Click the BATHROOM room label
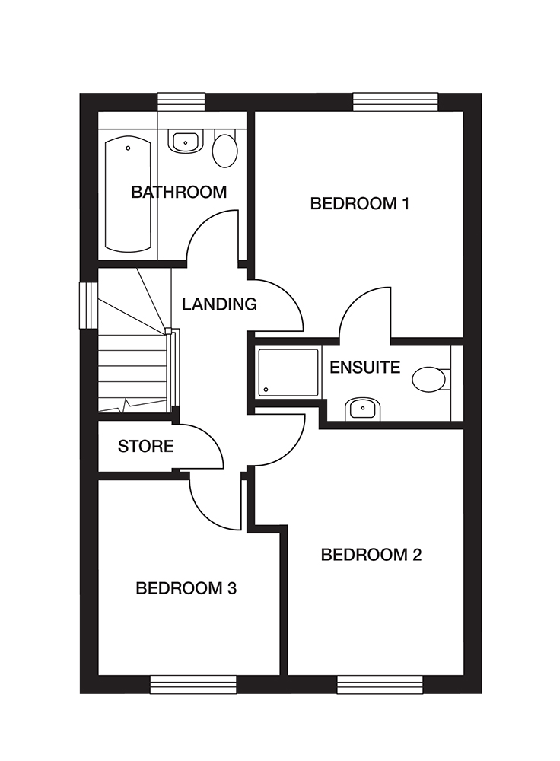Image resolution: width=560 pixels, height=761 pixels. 179,192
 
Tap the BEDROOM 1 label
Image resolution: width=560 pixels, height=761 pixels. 360,203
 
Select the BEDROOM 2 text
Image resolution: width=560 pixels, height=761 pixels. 371,554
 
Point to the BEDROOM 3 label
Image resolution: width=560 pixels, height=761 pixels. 186,588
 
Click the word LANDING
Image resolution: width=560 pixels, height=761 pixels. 219,304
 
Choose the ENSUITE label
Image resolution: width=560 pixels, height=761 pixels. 364,368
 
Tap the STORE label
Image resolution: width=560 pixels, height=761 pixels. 145,447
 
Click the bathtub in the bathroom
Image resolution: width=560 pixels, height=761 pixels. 128,194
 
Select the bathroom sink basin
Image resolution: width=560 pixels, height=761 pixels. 185,142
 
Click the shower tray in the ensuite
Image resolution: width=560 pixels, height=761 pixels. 288,372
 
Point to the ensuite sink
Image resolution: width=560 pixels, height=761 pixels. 360,409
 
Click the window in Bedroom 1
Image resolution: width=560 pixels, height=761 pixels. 396,102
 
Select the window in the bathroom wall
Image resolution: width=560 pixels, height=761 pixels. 181,102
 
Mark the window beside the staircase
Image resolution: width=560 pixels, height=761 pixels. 89,305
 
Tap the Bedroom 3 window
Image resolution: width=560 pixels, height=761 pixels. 192,684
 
